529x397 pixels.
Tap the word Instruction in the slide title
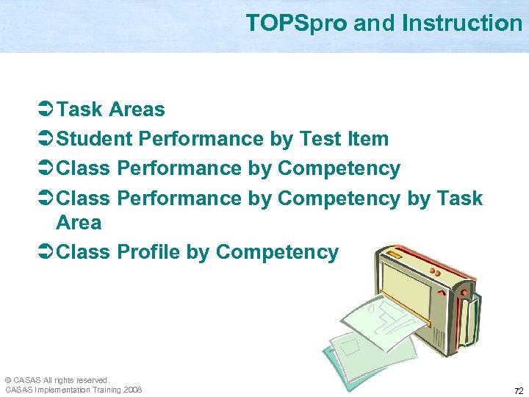click(x=461, y=24)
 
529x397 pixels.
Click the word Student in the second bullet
click(x=94, y=139)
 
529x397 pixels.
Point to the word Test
click(x=321, y=139)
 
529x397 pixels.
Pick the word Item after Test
click(x=368, y=139)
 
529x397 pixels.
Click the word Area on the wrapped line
click(x=79, y=222)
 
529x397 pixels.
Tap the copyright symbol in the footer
click(x=8, y=380)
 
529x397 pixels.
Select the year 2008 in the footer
click(x=133, y=390)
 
